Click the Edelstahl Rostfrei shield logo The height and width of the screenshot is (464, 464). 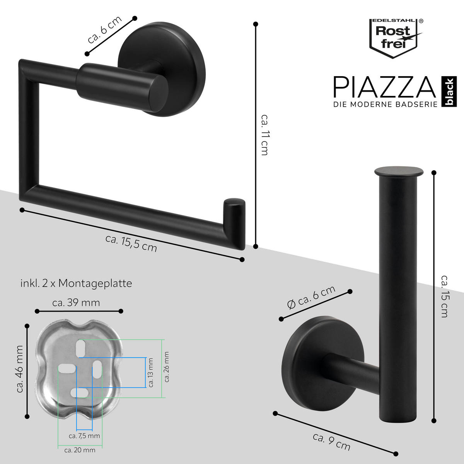394,38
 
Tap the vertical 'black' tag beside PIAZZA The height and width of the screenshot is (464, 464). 449,91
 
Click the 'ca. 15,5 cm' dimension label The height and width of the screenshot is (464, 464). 131,243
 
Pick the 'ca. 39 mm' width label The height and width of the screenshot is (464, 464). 76,303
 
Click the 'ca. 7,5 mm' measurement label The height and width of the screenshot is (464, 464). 84,436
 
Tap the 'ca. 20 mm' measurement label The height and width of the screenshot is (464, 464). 80,450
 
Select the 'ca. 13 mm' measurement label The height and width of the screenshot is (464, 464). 150,372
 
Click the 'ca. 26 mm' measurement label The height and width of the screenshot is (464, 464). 167,367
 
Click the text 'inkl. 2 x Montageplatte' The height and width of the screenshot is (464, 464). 76,283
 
